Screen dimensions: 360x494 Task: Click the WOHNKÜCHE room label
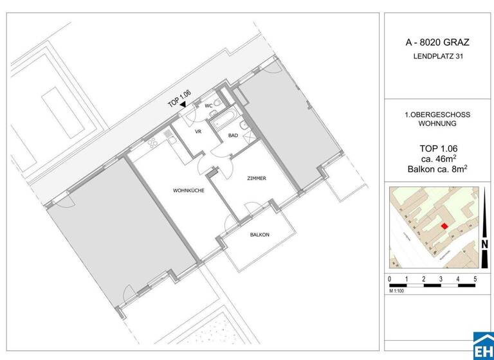tap(188, 191)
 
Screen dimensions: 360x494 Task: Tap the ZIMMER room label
tap(256, 178)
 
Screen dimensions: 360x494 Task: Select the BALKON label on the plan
tap(259, 235)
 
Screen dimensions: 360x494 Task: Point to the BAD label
tap(233, 136)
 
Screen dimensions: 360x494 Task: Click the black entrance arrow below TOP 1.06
tap(183, 104)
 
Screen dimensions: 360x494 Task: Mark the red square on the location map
tap(444, 225)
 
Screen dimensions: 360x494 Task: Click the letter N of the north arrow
tap(484, 244)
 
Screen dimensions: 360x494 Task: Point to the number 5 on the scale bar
tap(474, 279)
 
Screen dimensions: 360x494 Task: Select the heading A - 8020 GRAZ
tap(437, 43)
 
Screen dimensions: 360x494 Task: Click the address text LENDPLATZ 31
tap(437, 57)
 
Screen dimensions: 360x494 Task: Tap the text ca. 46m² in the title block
tap(437, 159)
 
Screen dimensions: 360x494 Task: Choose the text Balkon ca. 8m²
tap(437, 170)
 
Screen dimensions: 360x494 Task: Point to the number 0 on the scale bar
tap(390, 279)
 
